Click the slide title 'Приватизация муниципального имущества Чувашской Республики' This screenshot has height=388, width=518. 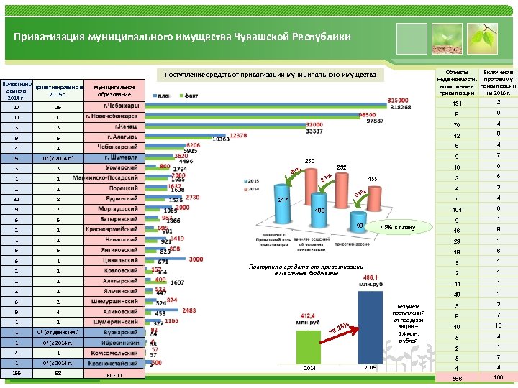[x=183, y=37]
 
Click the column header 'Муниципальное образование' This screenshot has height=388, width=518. [x=115, y=89]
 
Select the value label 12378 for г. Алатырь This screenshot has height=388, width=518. [x=239, y=134]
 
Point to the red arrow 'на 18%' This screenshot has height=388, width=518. [x=339, y=329]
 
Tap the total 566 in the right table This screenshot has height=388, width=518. [x=455, y=378]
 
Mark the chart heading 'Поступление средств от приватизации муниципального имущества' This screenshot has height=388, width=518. [x=271, y=75]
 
